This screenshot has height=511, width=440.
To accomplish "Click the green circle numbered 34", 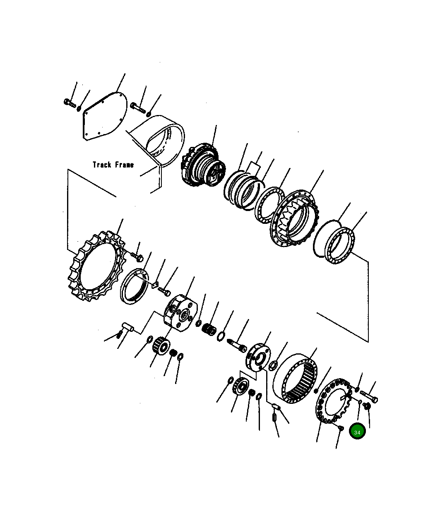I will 357,432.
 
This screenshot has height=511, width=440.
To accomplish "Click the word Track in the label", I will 102,165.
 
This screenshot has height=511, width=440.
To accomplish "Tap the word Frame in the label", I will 124,165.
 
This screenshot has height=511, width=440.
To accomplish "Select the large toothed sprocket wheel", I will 96,268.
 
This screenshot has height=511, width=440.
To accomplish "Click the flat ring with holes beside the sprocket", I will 135,286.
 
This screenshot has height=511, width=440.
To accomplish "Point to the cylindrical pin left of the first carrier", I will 127,328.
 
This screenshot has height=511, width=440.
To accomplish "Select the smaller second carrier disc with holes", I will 257,356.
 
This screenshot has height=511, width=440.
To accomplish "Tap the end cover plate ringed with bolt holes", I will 333,401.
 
